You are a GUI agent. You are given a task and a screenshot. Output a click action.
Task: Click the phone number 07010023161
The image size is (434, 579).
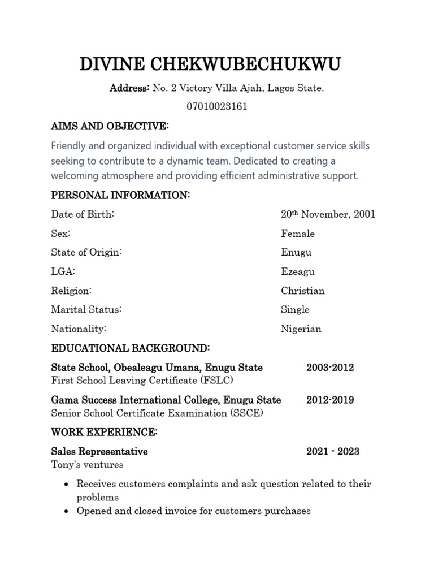[x=216, y=106]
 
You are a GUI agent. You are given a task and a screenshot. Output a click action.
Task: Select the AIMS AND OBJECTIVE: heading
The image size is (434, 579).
[x=110, y=125]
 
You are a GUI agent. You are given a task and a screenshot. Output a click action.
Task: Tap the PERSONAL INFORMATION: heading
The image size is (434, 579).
[x=120, y=196]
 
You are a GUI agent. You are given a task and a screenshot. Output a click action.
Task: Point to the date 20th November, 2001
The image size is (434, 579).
[x=328, y=214]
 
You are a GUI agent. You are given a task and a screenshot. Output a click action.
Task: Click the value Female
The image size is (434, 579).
[x=298, y=234]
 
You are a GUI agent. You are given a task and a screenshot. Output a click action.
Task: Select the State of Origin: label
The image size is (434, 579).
[x=86, y=252]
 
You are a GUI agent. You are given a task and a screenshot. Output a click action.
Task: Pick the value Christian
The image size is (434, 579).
[x=303, y=291]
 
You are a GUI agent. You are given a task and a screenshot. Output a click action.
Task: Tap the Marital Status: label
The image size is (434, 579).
[x=86, y=309]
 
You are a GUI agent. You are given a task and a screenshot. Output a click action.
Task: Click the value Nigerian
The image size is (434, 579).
[x=301, y=329]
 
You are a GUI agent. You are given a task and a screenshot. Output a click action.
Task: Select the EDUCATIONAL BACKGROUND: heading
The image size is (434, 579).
[x=131, y=347]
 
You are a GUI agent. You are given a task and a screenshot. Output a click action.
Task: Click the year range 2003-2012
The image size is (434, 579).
[x=330, y=368]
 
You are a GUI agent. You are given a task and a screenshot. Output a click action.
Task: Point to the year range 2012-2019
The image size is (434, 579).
[x=330, y=400]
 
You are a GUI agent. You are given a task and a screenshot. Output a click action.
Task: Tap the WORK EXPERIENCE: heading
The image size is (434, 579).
[x=105, y=433]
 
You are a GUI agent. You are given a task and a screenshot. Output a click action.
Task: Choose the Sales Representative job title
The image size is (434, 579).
[x=99, y=452]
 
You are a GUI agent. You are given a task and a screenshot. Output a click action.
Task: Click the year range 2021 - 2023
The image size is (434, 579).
[x=332, y=452]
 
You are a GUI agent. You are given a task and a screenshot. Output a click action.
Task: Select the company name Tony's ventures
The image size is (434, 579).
[x=87, y=465]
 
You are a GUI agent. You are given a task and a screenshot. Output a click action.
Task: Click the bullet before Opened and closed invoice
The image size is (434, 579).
[x=67, y=511]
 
